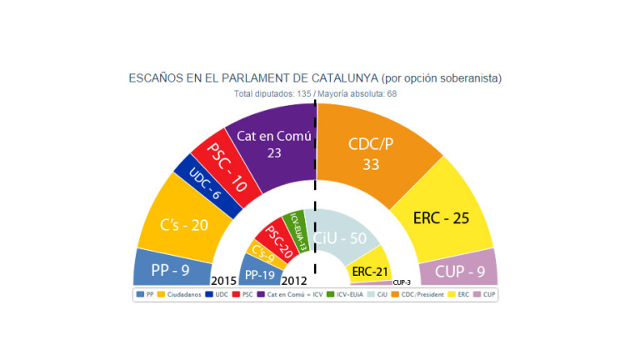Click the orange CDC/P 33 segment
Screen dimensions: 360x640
[x=371, y=150]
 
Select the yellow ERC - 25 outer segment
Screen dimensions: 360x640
[x=442, y=218]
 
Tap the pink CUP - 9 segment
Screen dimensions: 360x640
[x=468, y=269]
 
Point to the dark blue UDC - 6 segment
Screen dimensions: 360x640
[x=193, y=191]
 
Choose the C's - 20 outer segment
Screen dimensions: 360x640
[x=183, y=224]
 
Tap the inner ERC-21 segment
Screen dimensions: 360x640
[x=370, y=270]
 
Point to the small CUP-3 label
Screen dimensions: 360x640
[x=402, y=282]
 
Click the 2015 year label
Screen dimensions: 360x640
[x=223, y=280]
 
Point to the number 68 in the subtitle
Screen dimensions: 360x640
[x=392, y=93]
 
